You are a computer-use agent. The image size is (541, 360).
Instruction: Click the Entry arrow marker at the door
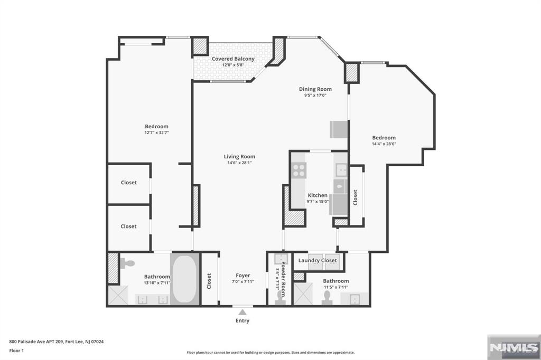242,312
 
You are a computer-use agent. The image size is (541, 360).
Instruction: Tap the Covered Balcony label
233,59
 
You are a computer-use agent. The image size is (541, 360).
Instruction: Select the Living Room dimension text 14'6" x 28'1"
239,163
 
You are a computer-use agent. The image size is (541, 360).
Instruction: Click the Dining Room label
315,89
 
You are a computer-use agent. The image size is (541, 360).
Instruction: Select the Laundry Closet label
318,261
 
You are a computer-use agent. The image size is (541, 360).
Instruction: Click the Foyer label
243,276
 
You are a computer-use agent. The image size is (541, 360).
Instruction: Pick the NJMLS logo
512,347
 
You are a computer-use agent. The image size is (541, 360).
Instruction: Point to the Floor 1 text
16,350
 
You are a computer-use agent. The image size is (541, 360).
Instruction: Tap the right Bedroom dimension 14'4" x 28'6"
383,144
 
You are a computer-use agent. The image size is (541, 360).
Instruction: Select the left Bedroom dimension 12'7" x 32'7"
156,132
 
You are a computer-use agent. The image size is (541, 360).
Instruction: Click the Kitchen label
318,195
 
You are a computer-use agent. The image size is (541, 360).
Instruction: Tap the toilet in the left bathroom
128,262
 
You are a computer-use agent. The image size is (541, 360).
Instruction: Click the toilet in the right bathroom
327,297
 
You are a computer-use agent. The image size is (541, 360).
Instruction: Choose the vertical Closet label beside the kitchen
356,197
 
